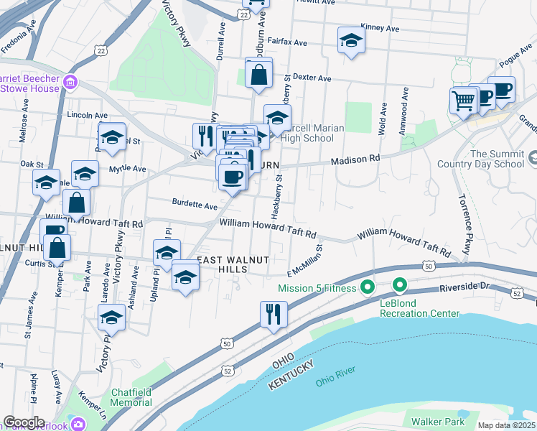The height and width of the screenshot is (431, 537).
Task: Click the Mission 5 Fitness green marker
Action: coord(367,288)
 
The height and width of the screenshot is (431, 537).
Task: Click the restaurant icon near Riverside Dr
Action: coord(274,314)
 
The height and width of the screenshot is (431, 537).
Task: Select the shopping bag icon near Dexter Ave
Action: coord(258,73)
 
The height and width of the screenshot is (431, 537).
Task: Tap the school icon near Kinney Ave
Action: coord(351,41)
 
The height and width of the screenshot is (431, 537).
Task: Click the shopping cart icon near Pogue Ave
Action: coord(464,100)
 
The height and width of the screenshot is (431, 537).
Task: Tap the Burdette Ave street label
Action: coord(194,205)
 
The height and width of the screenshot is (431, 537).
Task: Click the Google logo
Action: coord(24,422)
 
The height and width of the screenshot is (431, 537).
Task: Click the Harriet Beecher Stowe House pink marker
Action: coord(70,82)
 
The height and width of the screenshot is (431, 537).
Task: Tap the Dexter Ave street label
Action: coord(312,78)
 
